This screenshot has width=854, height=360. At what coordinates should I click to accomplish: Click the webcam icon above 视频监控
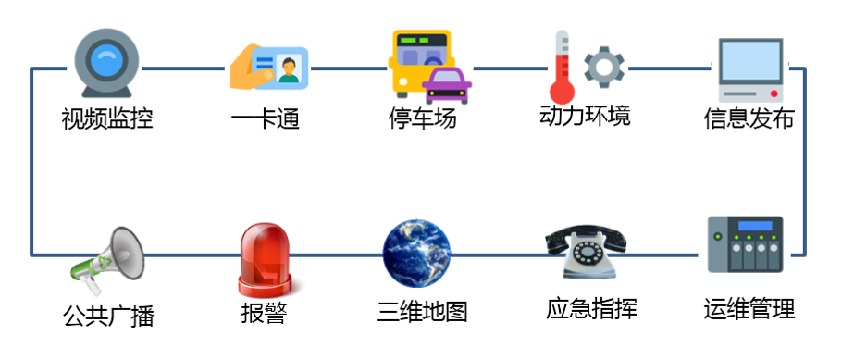[x=108, y=64]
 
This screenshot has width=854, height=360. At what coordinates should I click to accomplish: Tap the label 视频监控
[x=107, y=119]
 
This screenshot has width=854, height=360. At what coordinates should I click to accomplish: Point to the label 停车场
[x=423, y=119]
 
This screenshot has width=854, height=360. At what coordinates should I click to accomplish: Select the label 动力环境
[x=585, y=117]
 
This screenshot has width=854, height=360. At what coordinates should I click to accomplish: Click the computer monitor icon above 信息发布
[x=750, y=68]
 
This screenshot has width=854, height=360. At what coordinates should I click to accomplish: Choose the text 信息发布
[x=749, y=119]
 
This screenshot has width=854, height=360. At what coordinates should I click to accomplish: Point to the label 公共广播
[x=108, y=316]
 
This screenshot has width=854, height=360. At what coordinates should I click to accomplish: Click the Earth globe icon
[x=417, y=251]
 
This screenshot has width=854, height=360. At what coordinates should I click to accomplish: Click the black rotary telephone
[x=586, y=249]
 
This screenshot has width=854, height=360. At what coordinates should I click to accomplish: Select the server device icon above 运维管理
[x=745, y=244]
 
